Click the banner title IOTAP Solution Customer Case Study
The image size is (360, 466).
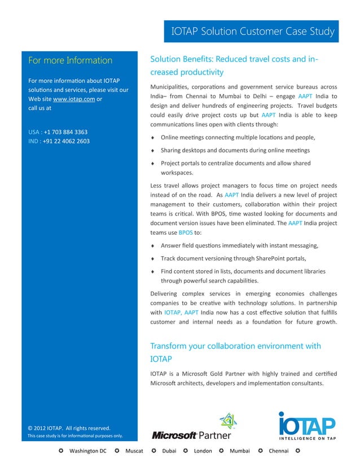click(x=252, y=32)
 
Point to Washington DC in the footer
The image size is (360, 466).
click(x=87, y=451)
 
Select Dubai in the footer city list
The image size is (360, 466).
click(x=169, y=451)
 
